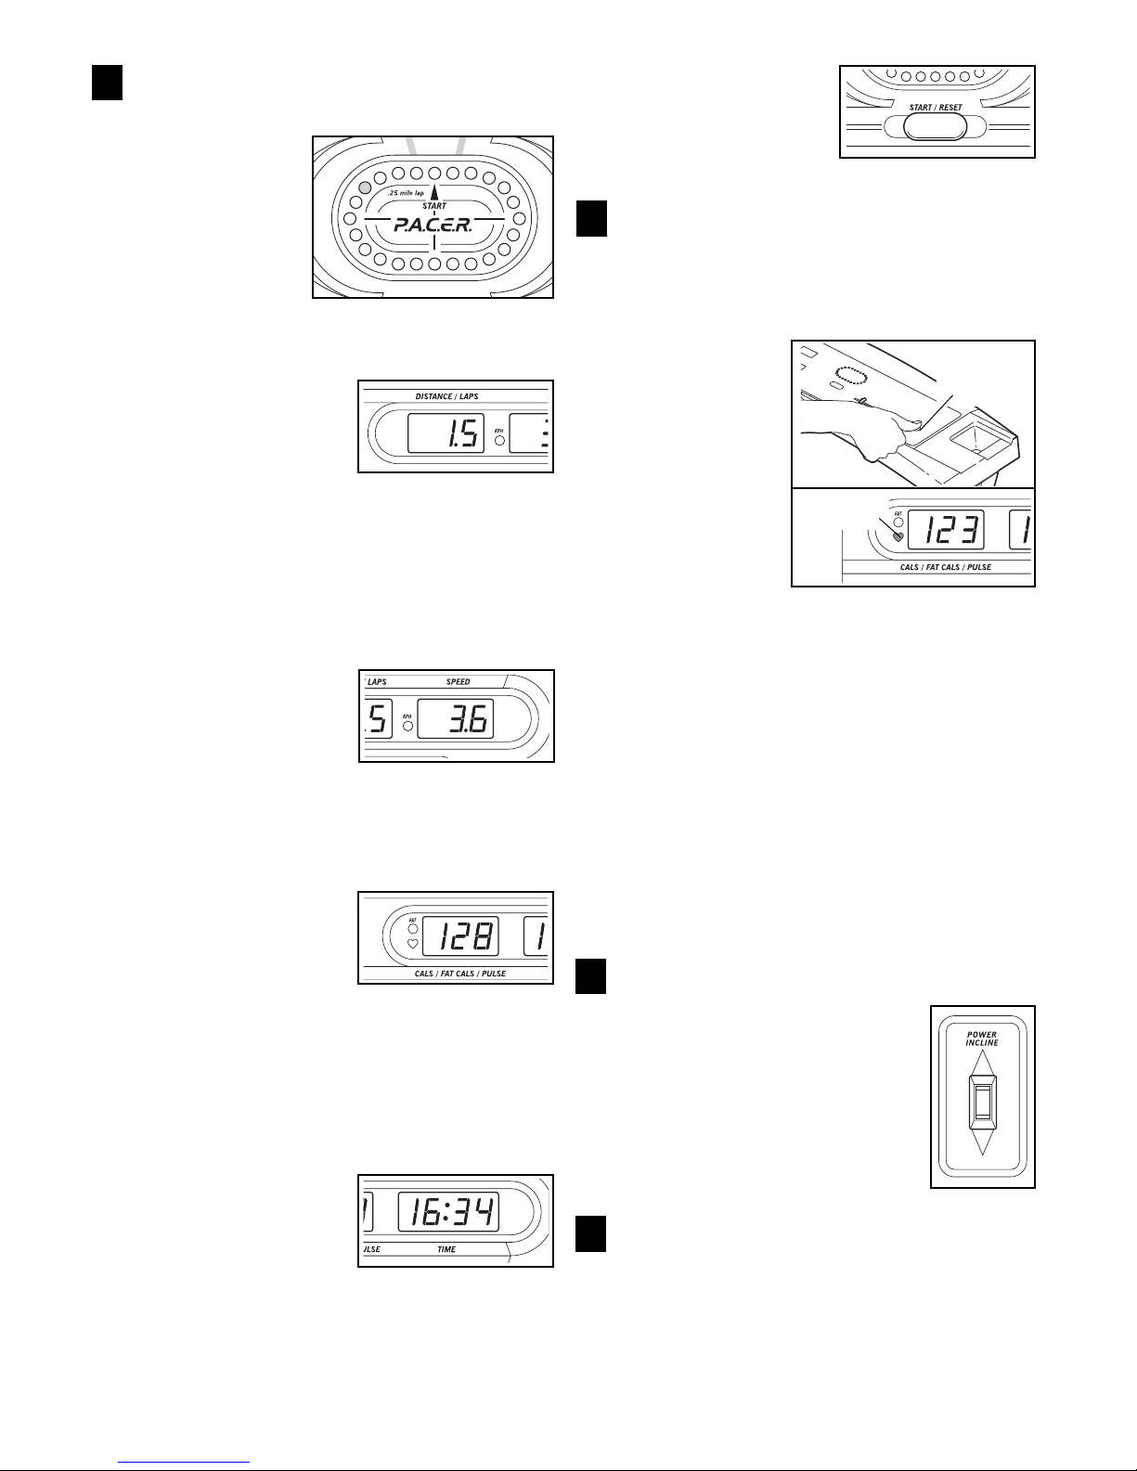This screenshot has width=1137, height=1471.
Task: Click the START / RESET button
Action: pyautogui.click(x=936, y=127)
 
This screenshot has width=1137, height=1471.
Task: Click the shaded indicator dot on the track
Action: pyautogui.click(x=365, y=187)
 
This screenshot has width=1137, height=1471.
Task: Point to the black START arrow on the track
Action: pyautogui.click(x=433, y=193)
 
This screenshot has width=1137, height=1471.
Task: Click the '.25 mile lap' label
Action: pyautogui.click(x=406, y=193)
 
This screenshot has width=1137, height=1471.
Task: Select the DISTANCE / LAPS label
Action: pyautogui.click(x=446, y=396)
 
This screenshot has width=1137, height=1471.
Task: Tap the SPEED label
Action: pyautogui.click(x=458, y=681)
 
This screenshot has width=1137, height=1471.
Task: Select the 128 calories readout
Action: pyautogui.click(x=460, y=937)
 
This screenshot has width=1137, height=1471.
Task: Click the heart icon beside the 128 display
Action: pyautogui.click(x=413, y=944)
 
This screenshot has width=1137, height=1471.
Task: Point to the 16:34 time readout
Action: pyautogui.click(x=448, y=1212)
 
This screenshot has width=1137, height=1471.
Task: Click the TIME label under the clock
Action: pyautogui.click(x=446, y=1249)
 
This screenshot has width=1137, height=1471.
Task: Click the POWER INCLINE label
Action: pyautogui.click(x=982, y=1039)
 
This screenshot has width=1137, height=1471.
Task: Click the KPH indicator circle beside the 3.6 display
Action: pyautogui.click(x=407, y=726)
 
